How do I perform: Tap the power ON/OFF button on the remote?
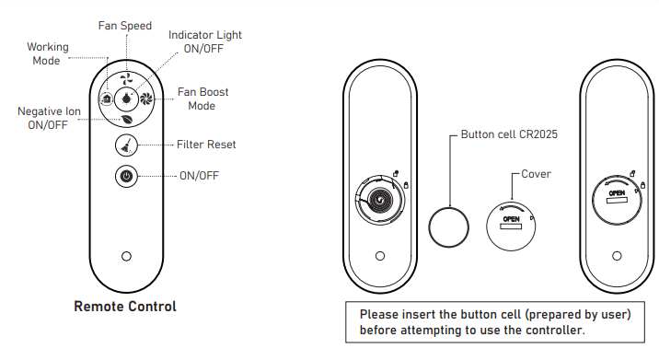click(126, 176)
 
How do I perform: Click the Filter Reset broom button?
click(126, 145)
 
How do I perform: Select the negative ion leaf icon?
click(126, 120)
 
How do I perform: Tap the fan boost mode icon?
click(146, 99)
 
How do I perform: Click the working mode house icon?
click(107, 99)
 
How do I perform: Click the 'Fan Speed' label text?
click(125, 26)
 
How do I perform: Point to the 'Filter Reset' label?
click(206, 145)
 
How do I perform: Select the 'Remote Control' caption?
click(125, 307)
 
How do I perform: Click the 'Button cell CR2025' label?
click(509, 134)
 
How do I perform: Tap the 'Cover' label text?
click(536, 174)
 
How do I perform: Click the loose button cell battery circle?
click(449, 227)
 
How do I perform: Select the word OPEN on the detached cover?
click(511, 219)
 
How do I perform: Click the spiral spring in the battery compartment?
click(381, 200)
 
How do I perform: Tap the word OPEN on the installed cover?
click(617, 193)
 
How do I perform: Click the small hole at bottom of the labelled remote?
click(126, 256)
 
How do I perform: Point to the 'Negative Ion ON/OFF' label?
click(49, 118)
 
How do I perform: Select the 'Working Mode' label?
click(48, 53)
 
